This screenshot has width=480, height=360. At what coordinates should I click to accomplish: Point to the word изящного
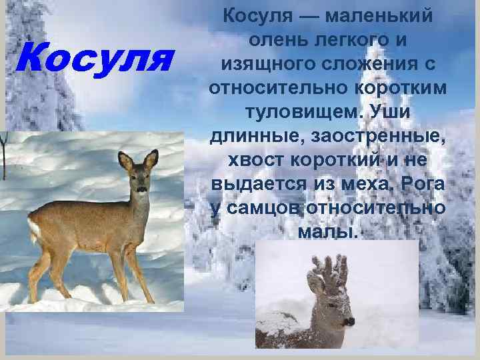pyautogui.click(x=261, y=65)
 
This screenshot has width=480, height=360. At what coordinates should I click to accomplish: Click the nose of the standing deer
pyautogui.click(x=141, y=190)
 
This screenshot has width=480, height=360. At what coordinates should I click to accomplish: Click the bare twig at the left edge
pyautogui.click(x=4, y=153)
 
